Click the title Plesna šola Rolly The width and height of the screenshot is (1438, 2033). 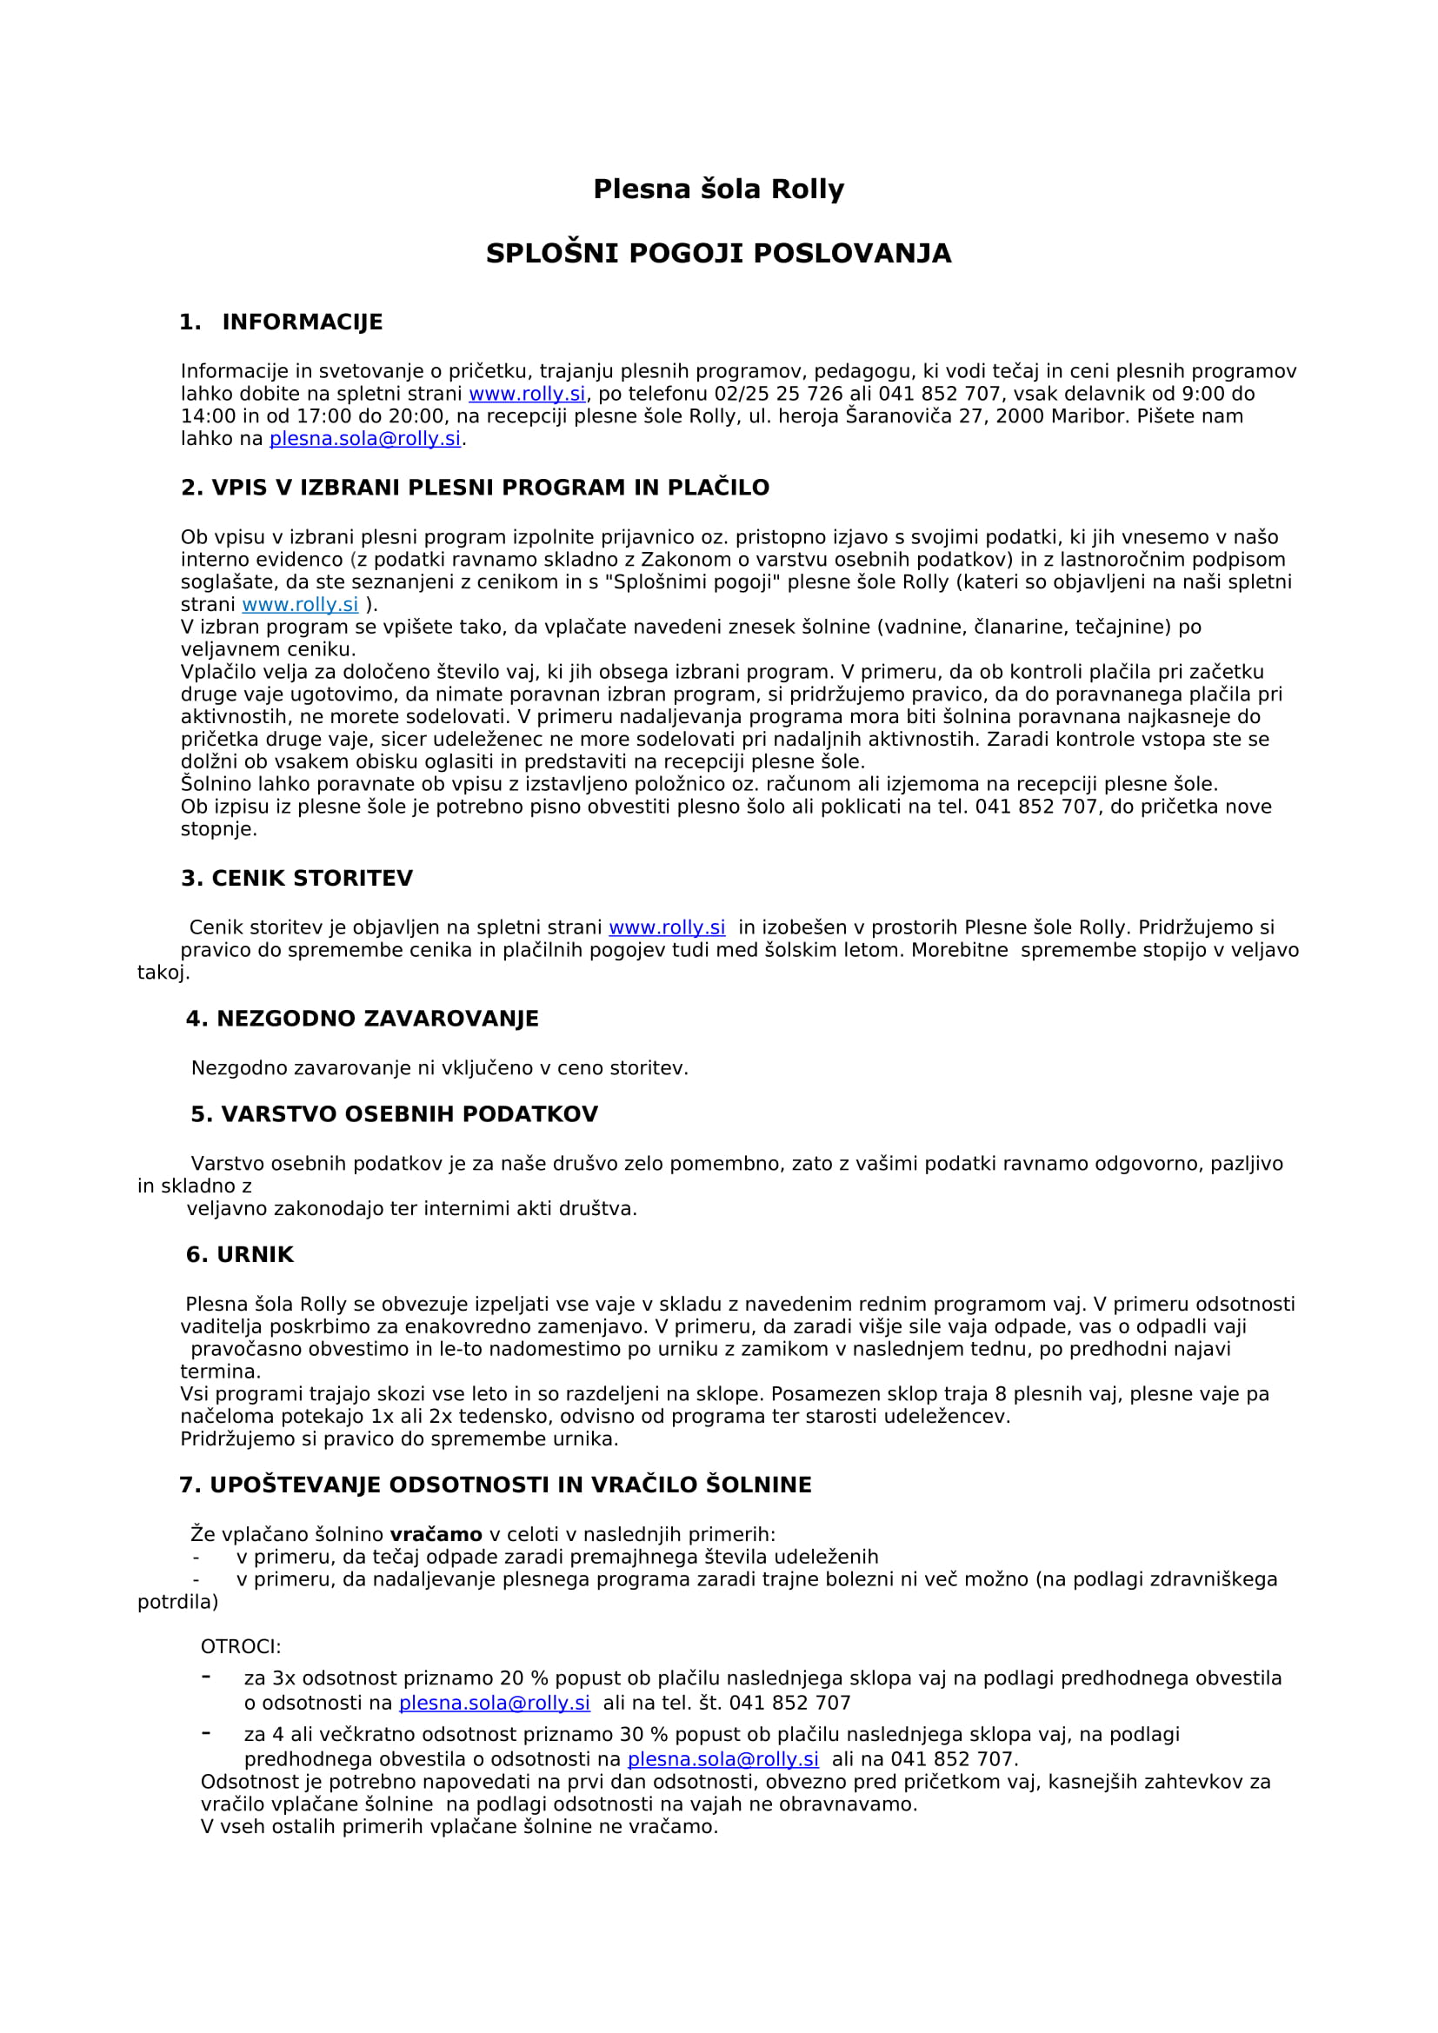(x=718, y=189)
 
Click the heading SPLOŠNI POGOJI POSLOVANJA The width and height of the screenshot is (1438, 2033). (x=718, y=253)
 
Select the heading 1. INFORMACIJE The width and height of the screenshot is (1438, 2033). (x=281, y=322)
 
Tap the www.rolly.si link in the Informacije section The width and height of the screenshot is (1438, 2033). (x=527, y=394)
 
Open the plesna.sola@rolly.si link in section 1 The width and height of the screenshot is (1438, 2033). (x=365, y=439)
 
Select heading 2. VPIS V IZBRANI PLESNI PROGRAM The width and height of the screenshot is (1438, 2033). (x=475, y=488)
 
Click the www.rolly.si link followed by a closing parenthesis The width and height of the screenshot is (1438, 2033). (x=300, y=605)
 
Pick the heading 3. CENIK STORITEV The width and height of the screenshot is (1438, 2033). (x=296, y=879)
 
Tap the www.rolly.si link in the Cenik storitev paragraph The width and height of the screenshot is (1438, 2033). (x=667, y=928)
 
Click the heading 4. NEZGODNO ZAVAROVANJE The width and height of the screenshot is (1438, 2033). (x=363, y=1020)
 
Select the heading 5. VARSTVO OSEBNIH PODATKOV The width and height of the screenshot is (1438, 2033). (x=394, y=1115)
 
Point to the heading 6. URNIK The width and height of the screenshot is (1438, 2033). (x=239, y=1255)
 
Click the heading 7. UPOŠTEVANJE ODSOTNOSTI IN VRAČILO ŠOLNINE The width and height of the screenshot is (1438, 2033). (x=495, y=1485)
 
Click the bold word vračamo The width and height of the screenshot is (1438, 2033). (x=436, y=1534)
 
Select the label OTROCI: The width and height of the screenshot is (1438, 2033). (x=241, y=1647)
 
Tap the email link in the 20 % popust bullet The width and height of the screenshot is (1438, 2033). (x=494, y=1704)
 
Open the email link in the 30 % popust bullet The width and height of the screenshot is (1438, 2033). (x=722, y=1759)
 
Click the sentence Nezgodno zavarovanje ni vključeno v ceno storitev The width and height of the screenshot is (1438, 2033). (x=439, y=1069)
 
